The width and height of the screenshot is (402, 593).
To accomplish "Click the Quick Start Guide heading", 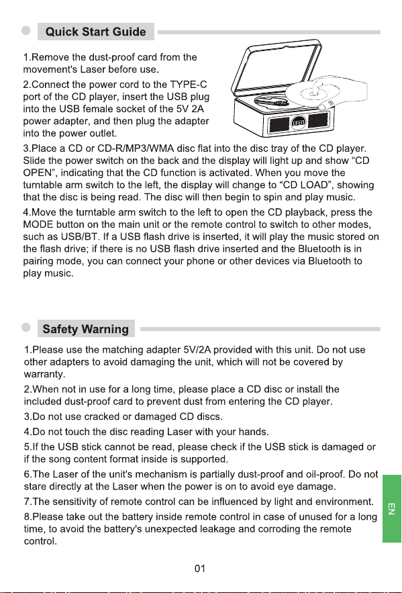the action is [95, 32].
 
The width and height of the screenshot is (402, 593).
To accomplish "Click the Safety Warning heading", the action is [86, 328].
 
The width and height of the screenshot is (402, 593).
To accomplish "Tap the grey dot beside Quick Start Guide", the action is [26, 31].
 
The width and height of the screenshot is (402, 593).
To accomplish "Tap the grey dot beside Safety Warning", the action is [26, 328].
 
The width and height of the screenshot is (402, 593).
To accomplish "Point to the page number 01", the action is [200, 569].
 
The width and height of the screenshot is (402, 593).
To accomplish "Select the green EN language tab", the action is [392, 508].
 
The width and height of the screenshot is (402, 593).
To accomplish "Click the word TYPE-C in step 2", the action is [189, 85].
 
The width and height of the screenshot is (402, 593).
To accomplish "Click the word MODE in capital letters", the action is [38, 224].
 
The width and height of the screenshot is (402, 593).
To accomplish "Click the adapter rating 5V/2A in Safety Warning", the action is [197, 350].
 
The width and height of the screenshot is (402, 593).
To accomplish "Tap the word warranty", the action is [44, 375].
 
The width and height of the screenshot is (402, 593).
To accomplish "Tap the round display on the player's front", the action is [298, 122].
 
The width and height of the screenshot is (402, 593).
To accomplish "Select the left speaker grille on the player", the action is [279, 125].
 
